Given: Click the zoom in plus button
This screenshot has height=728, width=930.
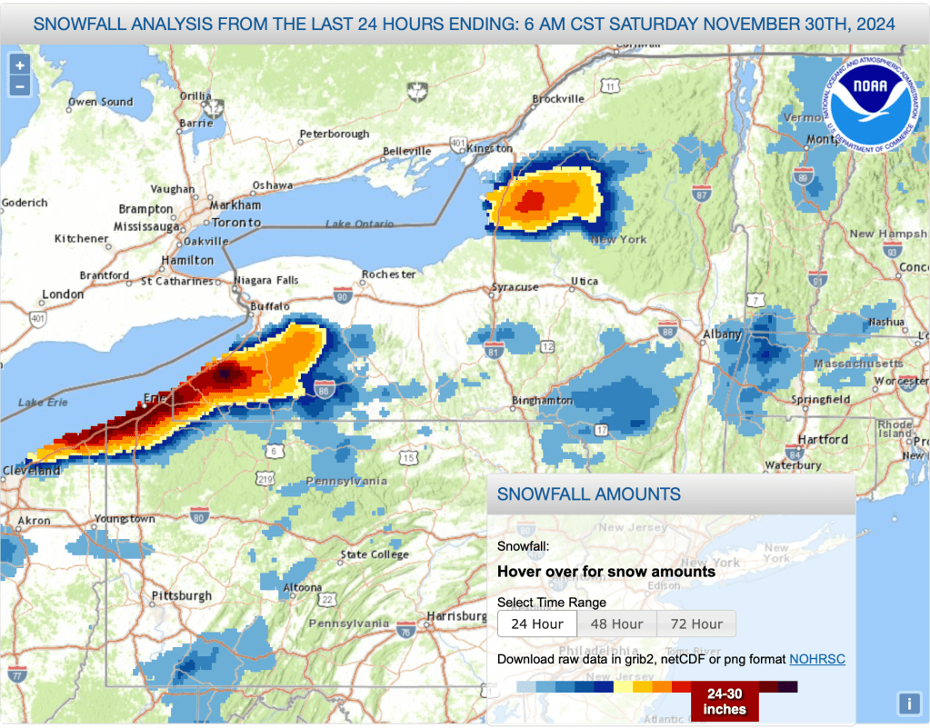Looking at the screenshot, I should [x=19, y=65].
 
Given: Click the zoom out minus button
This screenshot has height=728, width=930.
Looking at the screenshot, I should [x=19, y=86].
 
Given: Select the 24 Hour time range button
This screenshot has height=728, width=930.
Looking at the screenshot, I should [x=536, y=624].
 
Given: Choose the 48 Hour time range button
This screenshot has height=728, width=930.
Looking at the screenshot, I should [x=616, y=624].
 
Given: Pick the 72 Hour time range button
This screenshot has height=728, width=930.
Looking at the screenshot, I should [x=695, y=624].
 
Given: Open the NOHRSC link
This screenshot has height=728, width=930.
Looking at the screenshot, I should [x=816, y=658].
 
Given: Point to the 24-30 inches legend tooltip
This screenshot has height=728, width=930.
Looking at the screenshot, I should [x=724, y=702].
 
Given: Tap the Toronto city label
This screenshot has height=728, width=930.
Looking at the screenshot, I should [x=236, y=222].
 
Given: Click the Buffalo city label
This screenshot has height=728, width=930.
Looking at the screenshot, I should [x=270, y=306].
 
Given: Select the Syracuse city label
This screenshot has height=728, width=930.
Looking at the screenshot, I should [x=515, y=287].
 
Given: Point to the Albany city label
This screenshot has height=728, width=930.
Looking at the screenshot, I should [x=723, y=334].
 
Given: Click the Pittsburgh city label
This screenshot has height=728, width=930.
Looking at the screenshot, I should [x=182, y=596].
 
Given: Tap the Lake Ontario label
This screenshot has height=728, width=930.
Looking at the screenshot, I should [x=359, y=224].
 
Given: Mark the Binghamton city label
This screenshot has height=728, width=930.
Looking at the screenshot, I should [x=541, y=400].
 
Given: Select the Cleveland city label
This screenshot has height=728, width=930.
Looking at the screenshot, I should [x=30, y=471].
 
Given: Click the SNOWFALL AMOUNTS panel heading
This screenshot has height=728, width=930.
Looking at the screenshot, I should [x=589, y=494].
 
